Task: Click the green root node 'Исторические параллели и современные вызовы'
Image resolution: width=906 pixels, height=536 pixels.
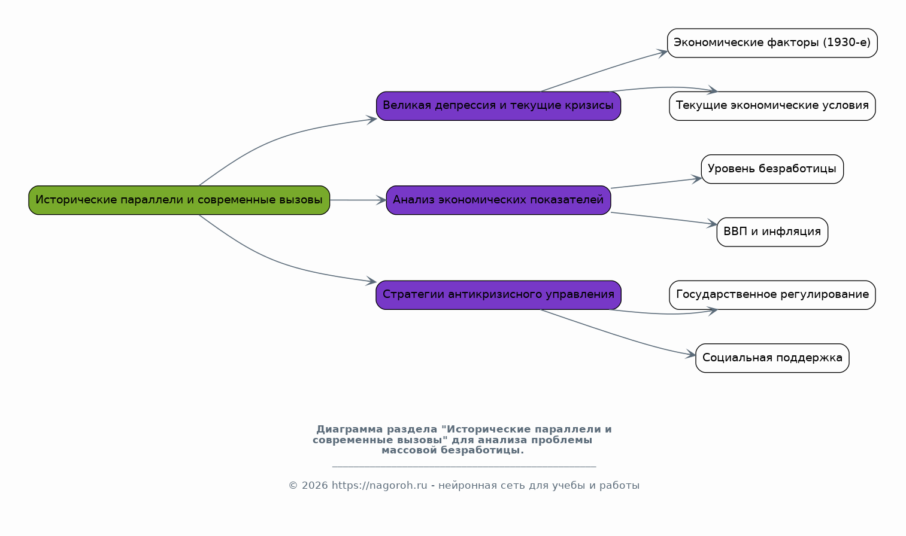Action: click(x=179, y=200)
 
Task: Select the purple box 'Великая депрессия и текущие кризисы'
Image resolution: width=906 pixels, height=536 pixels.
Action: click(x=498, y=106)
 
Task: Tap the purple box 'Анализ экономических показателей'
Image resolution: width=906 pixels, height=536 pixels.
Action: click(x=498, y=200)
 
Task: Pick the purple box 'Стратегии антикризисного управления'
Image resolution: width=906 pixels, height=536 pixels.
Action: click(x=498, y=295)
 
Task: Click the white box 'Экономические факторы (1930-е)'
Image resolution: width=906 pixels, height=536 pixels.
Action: click(x=772, y=43)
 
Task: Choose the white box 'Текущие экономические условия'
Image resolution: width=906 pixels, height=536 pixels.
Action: click(x=772, y=106)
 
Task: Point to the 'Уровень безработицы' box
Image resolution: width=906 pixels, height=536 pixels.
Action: click(x=772, y=169)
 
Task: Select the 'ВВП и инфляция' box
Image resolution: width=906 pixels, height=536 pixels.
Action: click(x=772, y=232)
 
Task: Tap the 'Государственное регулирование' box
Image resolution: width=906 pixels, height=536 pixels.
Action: click(x=772, y=295)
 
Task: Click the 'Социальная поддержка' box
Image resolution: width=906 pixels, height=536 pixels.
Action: click(x=772, y=358)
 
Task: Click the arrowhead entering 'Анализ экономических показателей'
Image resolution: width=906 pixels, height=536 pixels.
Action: click(x=381, y=200)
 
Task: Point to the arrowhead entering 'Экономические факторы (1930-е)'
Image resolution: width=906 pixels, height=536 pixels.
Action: click(x=662, y=53)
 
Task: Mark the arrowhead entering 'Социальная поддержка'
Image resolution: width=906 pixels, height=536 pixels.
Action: click(x=690, y=355)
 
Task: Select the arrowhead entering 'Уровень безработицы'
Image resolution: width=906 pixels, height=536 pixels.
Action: click(x=696, y=179)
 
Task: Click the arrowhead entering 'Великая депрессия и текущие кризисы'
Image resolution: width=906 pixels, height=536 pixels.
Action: click(x=371, y=119)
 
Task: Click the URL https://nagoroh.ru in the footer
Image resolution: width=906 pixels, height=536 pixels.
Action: click(x=380, y=486)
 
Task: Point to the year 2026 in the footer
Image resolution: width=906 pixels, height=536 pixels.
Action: click(x=314, y=486)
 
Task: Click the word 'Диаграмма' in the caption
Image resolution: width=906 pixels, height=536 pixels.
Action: click(x=350, y=430)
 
